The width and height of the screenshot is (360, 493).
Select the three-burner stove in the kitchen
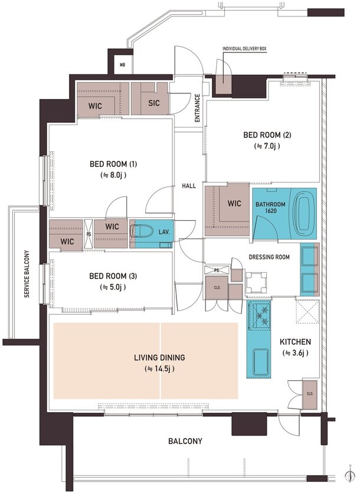[x=259, y=315]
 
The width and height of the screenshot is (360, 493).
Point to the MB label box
[x=122, y=65]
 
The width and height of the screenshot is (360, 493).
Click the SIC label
[x=154, y=103]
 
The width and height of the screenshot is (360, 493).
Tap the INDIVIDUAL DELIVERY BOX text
[x=244, y=49]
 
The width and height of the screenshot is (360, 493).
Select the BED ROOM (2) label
[x=267, y=135]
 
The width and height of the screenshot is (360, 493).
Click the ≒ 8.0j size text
[x=113, y=175]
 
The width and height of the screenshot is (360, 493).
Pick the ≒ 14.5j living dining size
[x=159, y=368]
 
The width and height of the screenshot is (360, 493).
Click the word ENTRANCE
[x=198, y=108]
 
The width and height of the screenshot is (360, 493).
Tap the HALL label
[x=189, y=186]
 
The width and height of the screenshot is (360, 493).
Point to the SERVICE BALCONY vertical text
[x=27, y=274]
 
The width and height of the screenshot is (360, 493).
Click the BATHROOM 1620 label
[x=270, y=207]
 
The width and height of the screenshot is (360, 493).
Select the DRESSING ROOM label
[x=269, y=257]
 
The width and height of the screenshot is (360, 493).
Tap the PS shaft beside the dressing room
[x=217, y=270]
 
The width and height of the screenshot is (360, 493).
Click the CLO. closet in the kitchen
[x=310, y=394]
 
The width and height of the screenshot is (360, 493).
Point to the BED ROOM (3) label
[x=113, y=276]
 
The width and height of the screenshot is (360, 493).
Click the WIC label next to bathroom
[x=234, y=204]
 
